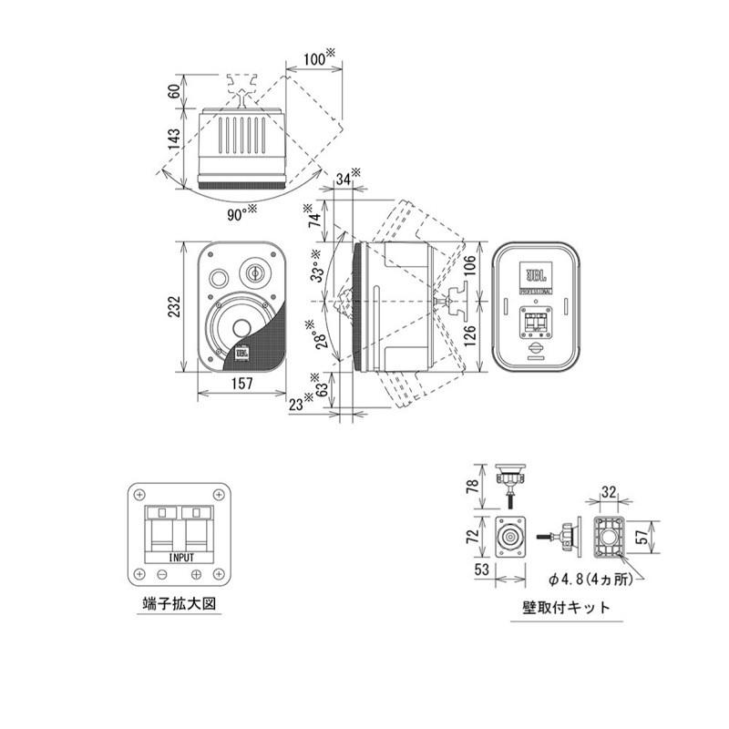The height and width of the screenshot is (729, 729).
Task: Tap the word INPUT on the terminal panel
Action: click(x=181, y=555)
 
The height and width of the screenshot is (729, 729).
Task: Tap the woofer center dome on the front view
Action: click(x=241, y=328)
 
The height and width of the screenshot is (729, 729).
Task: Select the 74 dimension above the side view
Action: click(x=315, y=219)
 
